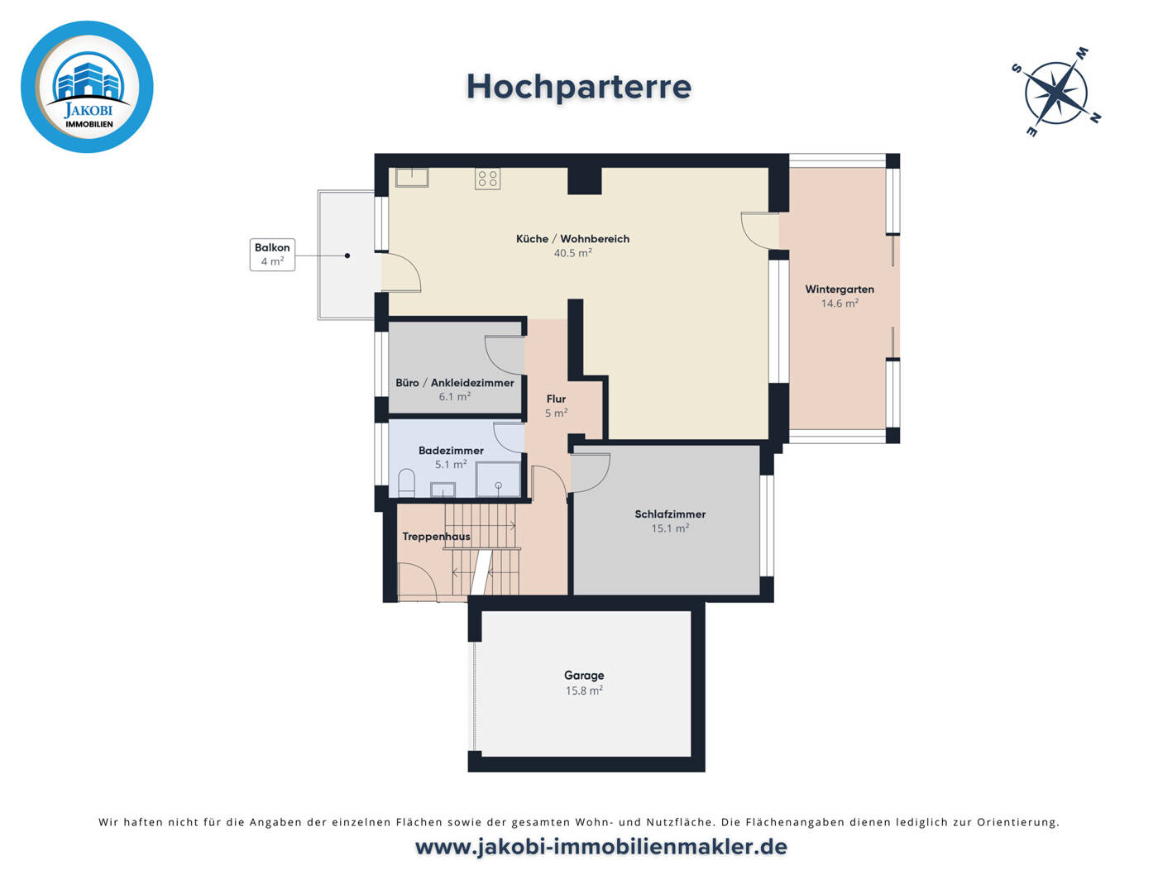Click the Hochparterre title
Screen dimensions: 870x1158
click(x=578, y=87)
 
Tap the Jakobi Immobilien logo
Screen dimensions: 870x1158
click(x=87, y=87)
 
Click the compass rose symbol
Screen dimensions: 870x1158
click(x=1056, y=92)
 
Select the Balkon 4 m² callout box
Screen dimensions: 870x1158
click(x=272, y=255)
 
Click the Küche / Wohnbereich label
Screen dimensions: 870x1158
click(x=572, y=239)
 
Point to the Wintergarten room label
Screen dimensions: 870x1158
click(x=840, y=289)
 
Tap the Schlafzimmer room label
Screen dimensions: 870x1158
click(x=670, y=514)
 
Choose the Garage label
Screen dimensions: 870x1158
click(x=584, y=676)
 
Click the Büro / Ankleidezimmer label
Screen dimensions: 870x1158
click(x=454, y=383)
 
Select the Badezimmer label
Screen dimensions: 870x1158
click(x=451, y=451)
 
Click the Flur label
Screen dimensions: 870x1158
click(x=556, y=399)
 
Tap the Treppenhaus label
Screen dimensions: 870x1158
click(x=436, y=537)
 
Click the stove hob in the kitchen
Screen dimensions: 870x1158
click(x=487, y=179)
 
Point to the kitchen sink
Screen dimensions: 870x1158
click(x=411, y=177)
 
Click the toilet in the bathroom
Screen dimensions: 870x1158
click(x=406, y=484)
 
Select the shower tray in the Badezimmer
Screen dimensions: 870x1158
click(x=498, y=480)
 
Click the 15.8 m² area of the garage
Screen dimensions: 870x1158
click(x=584, y=691)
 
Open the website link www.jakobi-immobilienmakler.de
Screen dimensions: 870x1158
click(x=601, y=847)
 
